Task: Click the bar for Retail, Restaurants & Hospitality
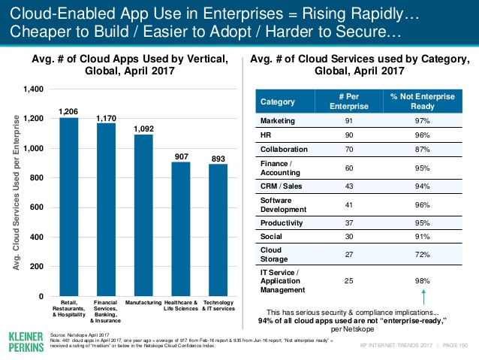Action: (69, 207)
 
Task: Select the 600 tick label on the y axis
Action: (35, 207)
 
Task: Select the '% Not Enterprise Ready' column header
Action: (426, 101)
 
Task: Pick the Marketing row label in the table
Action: (277, 121)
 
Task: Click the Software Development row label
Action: (281, 205)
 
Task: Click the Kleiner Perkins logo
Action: (23, 339)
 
